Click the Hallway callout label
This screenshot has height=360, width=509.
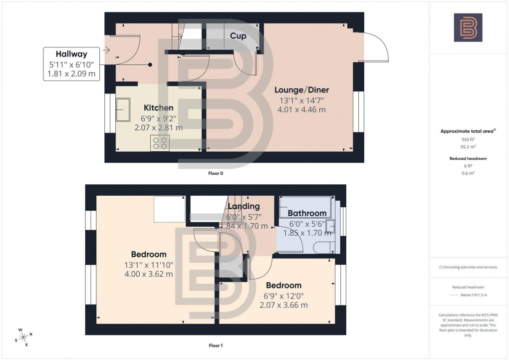pyautogui.click(x=71, y=54)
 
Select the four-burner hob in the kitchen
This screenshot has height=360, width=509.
pyautogui.click(x=160, y=143)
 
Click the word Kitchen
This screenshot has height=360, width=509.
pyautogui.click(x=159, y=108)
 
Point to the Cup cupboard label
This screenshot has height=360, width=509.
pyautogui.click(x=238, y=36)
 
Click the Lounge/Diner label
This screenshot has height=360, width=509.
pyautogui.click(x=302, y=90)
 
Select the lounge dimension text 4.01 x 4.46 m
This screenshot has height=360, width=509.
pyautogui.click(x=302, y=110)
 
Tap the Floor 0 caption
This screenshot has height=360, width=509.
pyautogui.click(x=216, y=173)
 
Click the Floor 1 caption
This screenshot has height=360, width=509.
pyautogui.click(x=216, y=346)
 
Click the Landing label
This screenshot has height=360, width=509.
pyautogui.click(x=244, y=206)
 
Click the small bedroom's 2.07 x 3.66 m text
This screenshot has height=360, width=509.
pyautogui.click(x=283, y=305)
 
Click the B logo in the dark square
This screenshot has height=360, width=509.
pyautogui.click(x=468, y=27)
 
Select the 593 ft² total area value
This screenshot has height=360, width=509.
pyautogui.click(x=468, y=140)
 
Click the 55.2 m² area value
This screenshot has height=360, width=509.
pyautogui.click(x=468, y=148)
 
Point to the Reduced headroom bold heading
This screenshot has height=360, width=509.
pyautogui.click(x=468, y=158)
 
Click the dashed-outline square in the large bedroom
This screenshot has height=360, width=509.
pyautogui.click(x=169, y=209)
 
